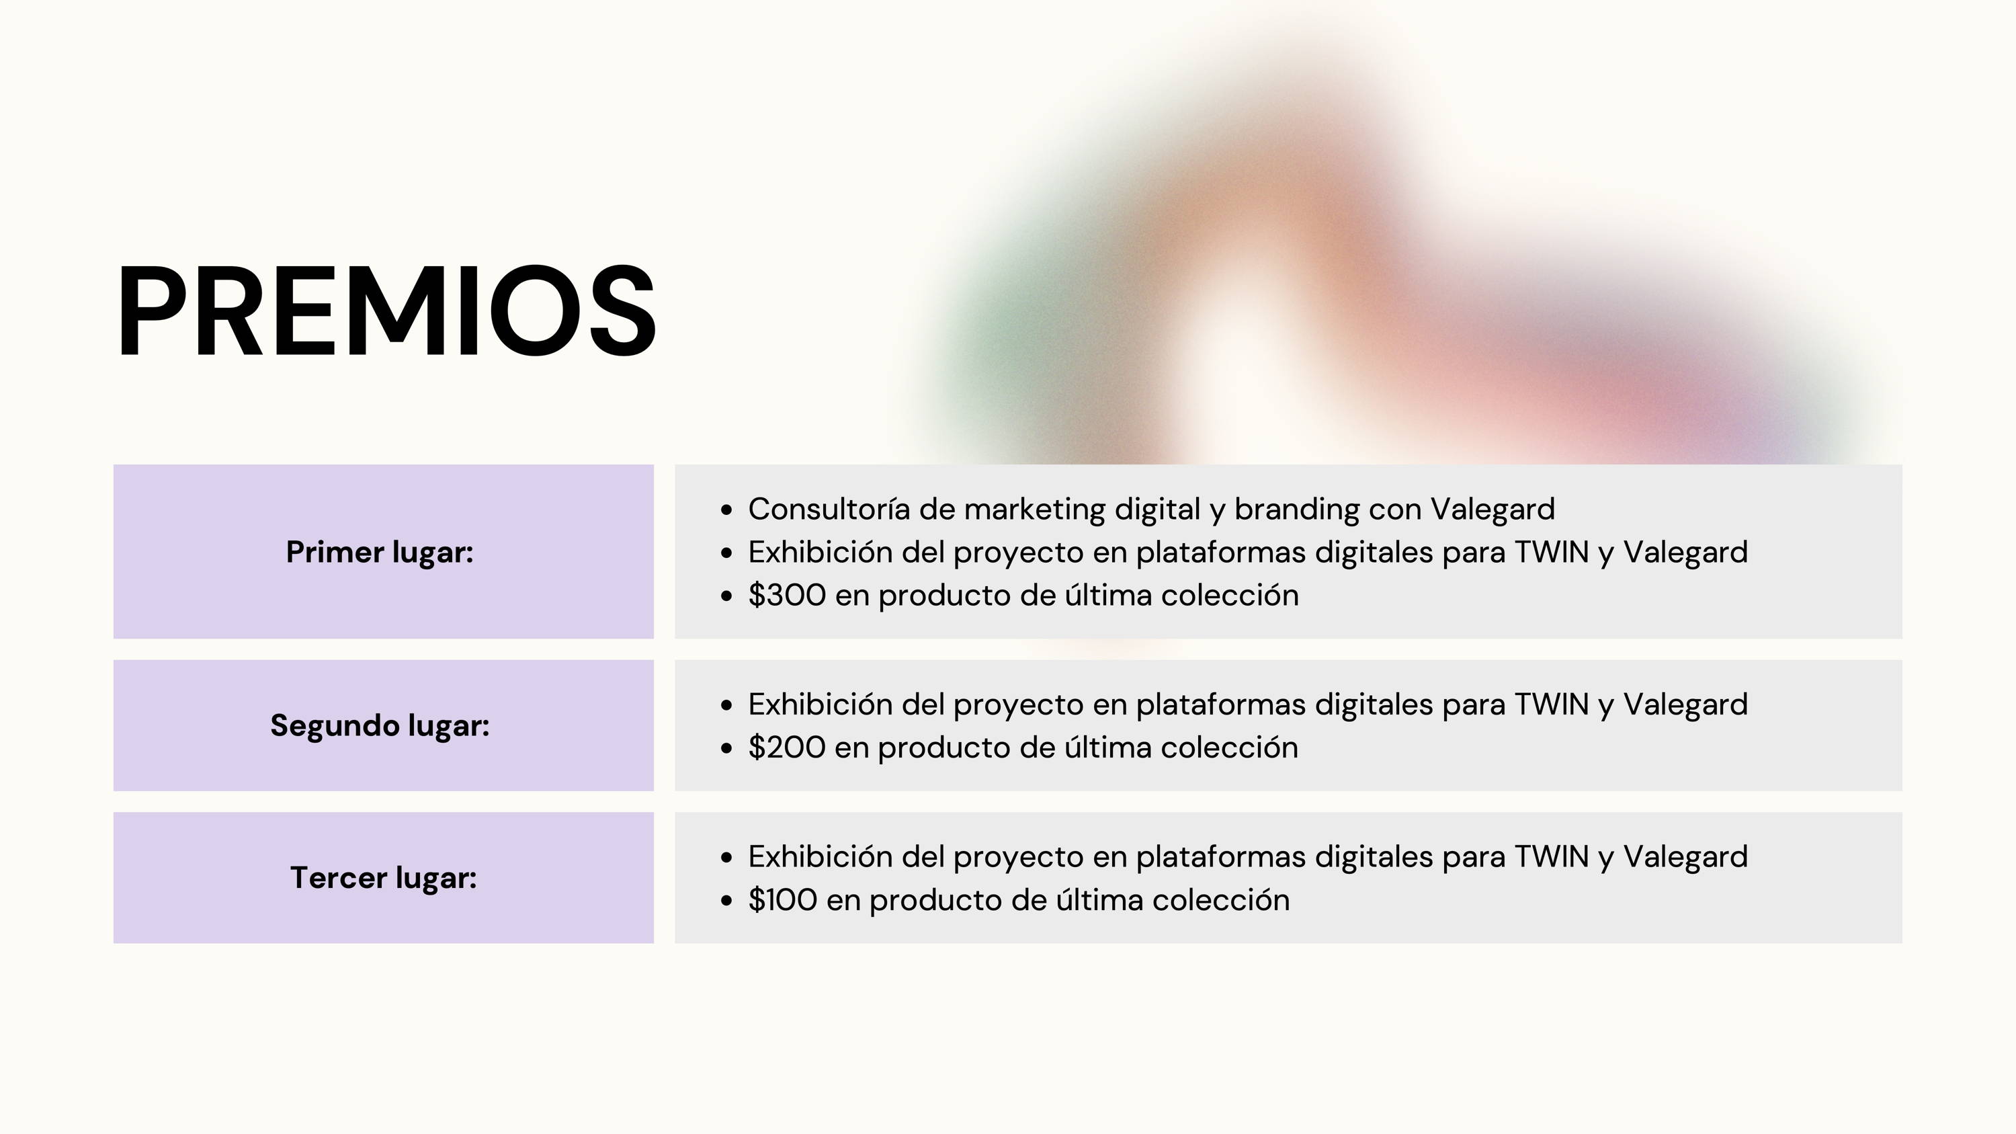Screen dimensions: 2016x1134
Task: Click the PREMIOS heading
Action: click(x=386, y=311)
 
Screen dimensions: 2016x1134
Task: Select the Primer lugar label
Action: click(x=380, y=553)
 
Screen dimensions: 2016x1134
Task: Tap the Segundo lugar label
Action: click(x=380, y=726)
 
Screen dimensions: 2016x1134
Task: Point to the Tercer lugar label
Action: click(x=384, y=878)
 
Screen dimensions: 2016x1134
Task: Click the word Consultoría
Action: click(x=829, y=510)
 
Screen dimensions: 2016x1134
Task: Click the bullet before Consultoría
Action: click(x=726, y=510)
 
